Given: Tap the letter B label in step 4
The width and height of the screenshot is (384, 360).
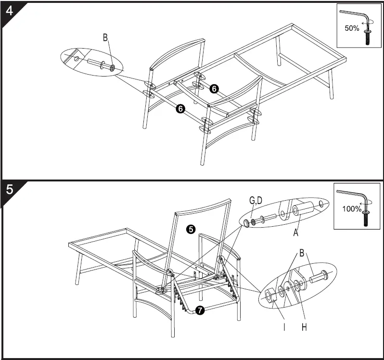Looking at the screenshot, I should click(105, 38).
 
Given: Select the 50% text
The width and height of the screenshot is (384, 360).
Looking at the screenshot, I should click(352, 28).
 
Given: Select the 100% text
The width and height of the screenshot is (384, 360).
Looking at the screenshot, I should click(352, 209).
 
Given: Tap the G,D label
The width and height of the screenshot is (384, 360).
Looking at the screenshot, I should click(256, 200).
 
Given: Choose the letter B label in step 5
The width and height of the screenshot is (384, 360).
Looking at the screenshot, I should click(302, 253).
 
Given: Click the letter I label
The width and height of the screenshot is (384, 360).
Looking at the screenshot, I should click(284, 327).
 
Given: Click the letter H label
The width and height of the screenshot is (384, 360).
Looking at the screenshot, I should click(304, 327).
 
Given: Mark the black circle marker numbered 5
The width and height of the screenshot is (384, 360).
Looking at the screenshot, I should click(191, 230).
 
